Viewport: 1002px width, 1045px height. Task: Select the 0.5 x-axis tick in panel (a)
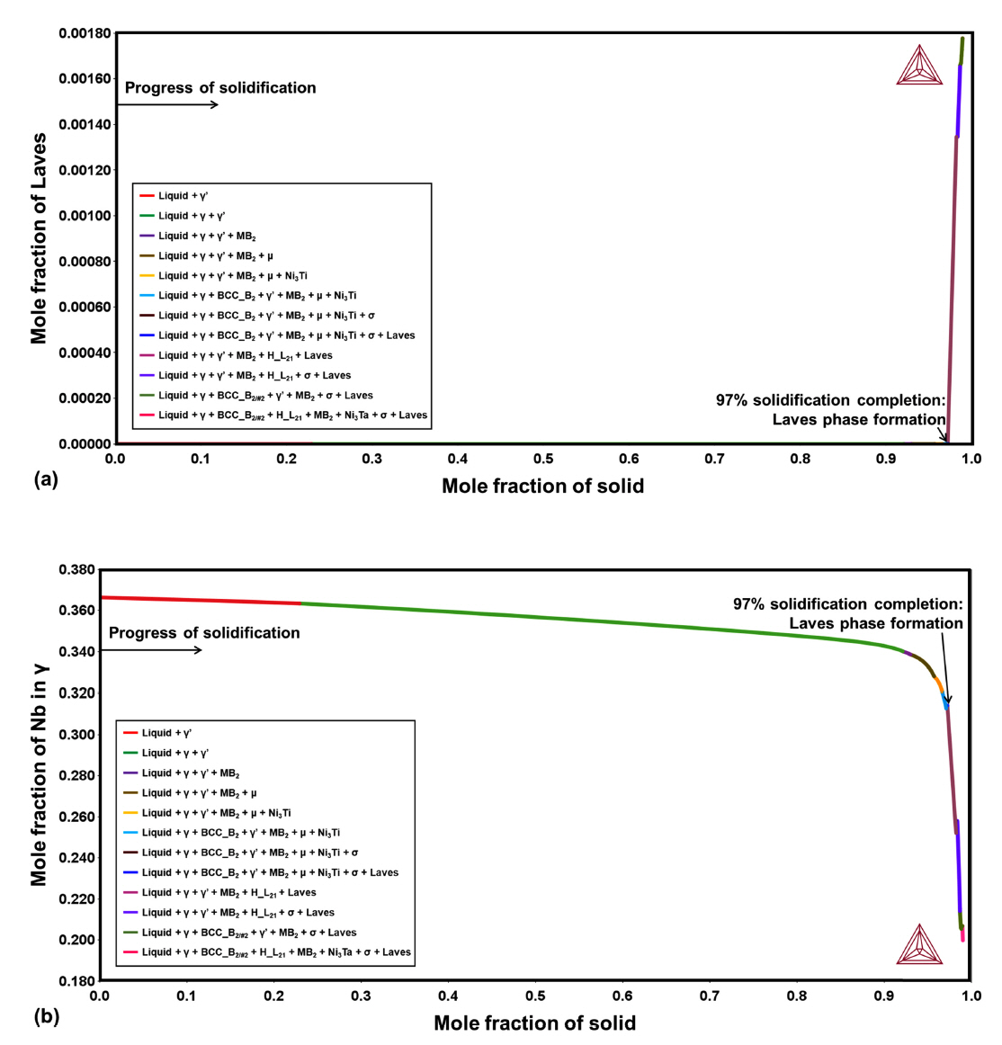pos(542,460)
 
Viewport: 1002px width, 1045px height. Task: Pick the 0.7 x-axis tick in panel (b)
pos(709,996)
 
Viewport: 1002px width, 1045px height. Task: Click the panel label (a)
pos(46,479)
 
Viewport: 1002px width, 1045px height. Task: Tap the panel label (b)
pos(46,1017)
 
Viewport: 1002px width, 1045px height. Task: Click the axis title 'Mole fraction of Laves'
pos(39,238)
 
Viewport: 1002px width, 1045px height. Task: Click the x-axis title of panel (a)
pos(542,487)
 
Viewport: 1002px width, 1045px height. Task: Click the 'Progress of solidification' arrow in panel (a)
pos(168,105)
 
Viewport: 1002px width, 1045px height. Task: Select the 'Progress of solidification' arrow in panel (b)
pos(151,650)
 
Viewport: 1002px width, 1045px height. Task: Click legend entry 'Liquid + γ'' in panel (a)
pos(174,196)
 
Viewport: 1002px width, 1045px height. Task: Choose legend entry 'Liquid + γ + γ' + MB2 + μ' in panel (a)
pos(216,256)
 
